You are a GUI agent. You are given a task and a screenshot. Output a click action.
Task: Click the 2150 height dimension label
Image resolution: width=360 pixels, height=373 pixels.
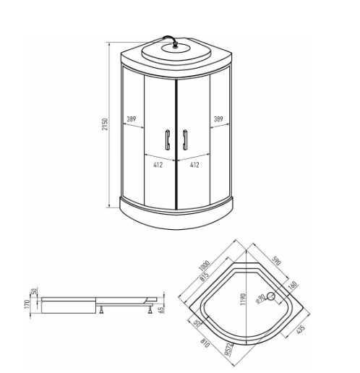(x=105, y=124)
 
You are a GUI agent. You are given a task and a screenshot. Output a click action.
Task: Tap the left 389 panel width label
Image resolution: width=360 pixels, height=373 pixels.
(x=132, y=119)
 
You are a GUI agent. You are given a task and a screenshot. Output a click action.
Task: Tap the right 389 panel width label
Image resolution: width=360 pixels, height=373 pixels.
(x=218, y=119)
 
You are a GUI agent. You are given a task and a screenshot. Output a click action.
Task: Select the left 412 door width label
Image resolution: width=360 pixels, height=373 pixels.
(x=158, y=165)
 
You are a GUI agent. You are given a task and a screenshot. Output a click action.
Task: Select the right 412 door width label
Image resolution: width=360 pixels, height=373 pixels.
(x=194, y=165)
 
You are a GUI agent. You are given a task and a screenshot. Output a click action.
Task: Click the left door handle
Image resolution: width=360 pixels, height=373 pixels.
(x=168, y=140)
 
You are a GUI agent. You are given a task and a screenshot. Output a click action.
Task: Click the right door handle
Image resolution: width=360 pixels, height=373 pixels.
(x=185, y=140)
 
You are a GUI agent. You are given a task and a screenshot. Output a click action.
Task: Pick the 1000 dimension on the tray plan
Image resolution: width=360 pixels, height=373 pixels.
(x=204, y=265)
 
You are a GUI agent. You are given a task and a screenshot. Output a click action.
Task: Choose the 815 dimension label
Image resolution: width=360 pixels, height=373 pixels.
(x=204, y=276)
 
